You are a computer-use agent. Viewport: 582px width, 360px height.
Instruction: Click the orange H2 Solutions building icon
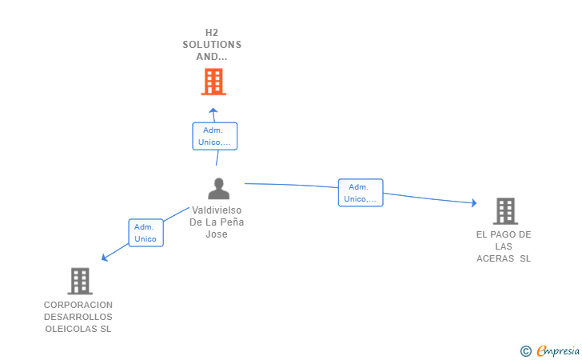coord(213,82)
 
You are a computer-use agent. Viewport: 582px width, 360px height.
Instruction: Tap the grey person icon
coord(218,189)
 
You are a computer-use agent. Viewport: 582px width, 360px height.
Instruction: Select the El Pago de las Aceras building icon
coord(504,211)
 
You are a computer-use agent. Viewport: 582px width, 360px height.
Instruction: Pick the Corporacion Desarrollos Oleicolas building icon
coord(79,281)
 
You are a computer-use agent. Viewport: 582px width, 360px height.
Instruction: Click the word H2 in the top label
coord(212,33)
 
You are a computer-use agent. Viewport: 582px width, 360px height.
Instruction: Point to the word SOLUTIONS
coord(212,45)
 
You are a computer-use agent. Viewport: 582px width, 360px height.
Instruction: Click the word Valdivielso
coord(217,210)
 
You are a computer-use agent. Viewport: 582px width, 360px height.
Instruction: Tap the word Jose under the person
coord(217,234)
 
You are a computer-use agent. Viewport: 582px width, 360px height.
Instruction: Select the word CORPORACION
coord(78,305)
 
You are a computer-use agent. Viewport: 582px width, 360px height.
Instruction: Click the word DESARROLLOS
coord(78,317)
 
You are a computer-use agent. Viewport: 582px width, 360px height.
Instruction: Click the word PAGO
coord(504,234)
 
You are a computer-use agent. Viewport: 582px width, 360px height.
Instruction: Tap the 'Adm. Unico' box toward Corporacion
coord(145,233)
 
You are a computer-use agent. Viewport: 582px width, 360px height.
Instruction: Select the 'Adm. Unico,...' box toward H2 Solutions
coord(214,136)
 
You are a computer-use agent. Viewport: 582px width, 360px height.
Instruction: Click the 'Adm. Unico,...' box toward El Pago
coord(361,193)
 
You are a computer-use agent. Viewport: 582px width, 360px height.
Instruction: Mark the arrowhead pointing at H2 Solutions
coord(213,110)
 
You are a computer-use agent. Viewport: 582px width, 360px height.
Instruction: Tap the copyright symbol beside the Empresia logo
coord(525,350)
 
